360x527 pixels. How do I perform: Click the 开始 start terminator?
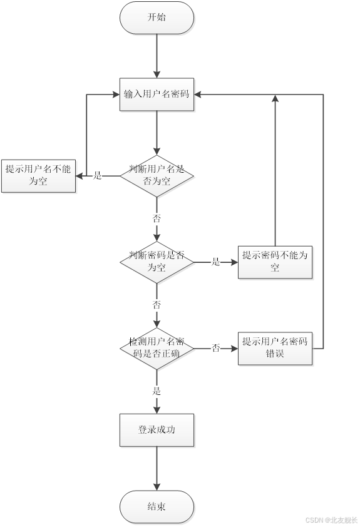pos(157,18)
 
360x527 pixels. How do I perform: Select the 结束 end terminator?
pos(157,506)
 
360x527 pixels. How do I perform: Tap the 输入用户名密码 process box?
pos(157,95)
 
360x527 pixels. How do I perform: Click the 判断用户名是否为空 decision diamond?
pos(157,175)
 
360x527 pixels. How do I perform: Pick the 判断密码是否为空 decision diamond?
pos(157,262)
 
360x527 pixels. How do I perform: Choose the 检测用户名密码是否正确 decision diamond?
pos(157,348)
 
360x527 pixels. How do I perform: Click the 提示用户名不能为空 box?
pos(38,175)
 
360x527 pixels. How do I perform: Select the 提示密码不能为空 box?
pos(275,262)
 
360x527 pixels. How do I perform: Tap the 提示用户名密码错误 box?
pos(275,348)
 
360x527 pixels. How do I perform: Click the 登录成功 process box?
pos(157,430)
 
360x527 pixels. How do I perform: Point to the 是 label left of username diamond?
pos(97,176)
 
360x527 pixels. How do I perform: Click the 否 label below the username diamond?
pos(157,219)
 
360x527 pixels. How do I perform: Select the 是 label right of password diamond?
pos(215,262)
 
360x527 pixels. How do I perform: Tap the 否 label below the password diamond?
pos(157,305)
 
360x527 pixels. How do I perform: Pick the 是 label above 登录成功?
pos(157,391)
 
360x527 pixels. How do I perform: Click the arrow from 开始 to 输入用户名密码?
pos(157,56)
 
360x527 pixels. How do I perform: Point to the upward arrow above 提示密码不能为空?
pos(275,169)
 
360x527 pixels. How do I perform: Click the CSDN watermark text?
pos(331,519)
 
